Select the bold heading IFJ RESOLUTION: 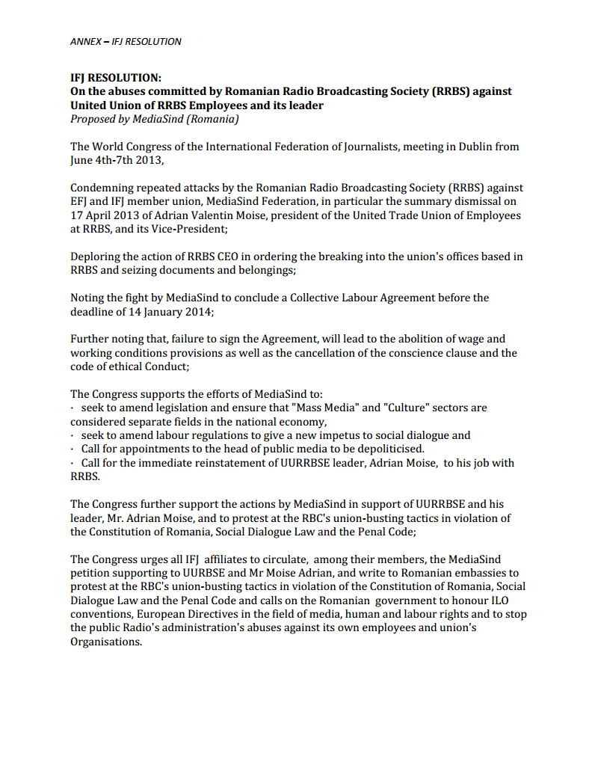click(116, 79)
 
